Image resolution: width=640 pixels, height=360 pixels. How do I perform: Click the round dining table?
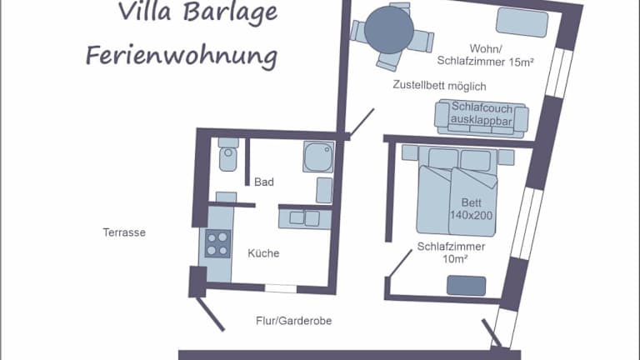[389, 30]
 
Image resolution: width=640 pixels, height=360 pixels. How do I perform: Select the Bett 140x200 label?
[471, 208]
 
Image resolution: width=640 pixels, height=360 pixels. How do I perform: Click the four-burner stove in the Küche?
[217, 244]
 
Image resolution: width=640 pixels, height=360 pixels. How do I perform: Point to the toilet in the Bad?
[227, 157]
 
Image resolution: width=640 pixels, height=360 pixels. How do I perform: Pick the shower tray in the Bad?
[317, 155]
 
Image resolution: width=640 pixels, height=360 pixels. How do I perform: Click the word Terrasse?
[124, 233]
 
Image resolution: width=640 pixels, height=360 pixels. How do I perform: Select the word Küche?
[263, 253]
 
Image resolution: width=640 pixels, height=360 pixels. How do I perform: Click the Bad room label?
[264, 182]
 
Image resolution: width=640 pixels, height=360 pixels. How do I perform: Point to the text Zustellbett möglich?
[439, 86]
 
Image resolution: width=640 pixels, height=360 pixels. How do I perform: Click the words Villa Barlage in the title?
[197, 12]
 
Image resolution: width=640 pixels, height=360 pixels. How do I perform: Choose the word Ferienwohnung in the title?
[181, 57]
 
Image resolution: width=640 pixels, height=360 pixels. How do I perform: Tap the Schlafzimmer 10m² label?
[452, 252]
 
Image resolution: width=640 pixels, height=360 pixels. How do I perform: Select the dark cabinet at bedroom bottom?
[466, 285]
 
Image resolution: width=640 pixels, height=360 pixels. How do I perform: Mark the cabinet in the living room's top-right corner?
[522, 22]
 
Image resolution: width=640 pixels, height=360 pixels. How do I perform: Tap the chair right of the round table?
[423, 39]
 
